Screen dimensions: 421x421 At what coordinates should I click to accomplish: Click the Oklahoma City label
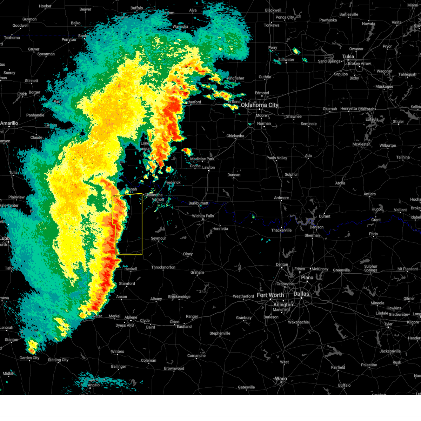tap(259, 105)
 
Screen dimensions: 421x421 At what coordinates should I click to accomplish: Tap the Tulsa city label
tap(348, 56)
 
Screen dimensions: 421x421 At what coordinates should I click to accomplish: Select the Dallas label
tap(301, 294)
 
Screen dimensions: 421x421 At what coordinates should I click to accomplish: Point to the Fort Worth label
tap(270, 295)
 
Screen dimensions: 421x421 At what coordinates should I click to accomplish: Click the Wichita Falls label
tap(203, 216)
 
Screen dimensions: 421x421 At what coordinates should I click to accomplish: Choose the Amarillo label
tap(9, 123)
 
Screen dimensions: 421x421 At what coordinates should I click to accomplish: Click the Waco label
tap(281, 379)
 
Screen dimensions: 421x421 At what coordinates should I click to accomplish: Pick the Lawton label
tap(208, 167)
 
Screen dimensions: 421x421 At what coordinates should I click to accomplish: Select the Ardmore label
tap(281, 198)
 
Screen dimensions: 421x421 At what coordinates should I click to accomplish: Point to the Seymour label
tap(158, 239)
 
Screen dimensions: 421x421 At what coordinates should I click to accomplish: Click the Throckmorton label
tap(163, 267)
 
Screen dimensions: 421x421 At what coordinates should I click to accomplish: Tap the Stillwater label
tap(286, 60)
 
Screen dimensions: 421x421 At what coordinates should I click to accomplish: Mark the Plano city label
tap(307, 278)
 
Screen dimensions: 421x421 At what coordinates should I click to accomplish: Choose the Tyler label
tap(388, 324)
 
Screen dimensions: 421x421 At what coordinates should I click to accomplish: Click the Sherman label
tap(312, 235)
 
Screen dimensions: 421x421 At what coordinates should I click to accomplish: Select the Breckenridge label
tap(179, 297)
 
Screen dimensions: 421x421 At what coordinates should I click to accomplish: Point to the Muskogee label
tap(384, 87)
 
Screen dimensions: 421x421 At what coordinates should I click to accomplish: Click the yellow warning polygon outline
tap(142, 225)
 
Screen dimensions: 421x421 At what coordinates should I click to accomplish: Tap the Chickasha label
tap(235, 136)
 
